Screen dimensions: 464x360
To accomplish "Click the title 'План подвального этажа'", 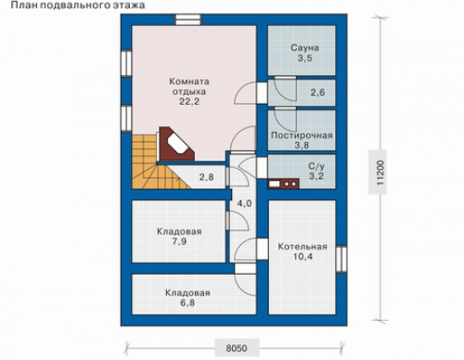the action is (x=78, y=6).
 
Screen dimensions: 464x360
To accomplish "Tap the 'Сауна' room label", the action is (x=304, y=48).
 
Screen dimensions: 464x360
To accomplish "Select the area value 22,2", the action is (x=189, y=101).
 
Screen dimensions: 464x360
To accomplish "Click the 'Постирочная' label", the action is (x=302, y=135).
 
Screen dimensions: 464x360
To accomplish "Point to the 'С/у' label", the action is (x=316, y=166).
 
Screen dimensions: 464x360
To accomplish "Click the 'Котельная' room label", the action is (x=303, y=247).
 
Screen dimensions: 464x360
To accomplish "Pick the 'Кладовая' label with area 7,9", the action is (x=179, y=232).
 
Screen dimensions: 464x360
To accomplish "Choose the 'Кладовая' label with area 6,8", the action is (x=187, y=293).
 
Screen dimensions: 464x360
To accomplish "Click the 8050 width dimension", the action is (x=237, y=348).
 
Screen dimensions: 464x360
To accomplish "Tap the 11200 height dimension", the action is (x=380, y=173).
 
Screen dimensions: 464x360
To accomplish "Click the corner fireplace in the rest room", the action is (x=176, y=144).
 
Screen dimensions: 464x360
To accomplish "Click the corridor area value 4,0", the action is (x=244, y=203).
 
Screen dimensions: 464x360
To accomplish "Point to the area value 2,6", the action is (x=317, y=92).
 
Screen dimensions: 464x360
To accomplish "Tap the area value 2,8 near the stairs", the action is (x=206, y=177).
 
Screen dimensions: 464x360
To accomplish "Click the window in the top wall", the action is (x=188, y=19).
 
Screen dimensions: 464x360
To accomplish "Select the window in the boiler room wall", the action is (x=342, y=259).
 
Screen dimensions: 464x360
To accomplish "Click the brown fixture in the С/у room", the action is (x=283, y=184).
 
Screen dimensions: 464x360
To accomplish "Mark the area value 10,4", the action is (x=303, y=256).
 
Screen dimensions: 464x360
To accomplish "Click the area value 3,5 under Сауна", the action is (x=305, y=58).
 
